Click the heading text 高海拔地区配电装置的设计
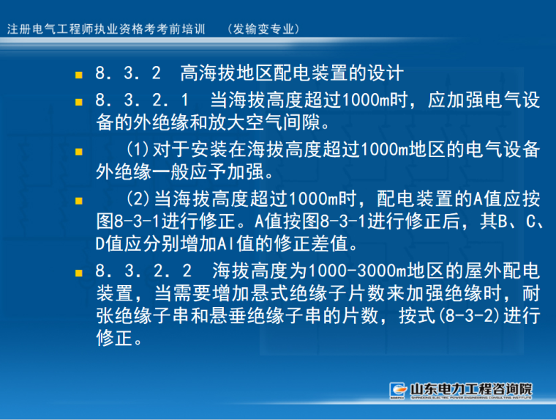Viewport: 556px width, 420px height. click(291, 74)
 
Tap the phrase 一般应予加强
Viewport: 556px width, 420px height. click(212, 173)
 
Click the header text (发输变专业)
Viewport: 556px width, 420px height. click(265, 29)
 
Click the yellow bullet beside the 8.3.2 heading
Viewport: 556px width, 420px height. click(78, 75)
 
